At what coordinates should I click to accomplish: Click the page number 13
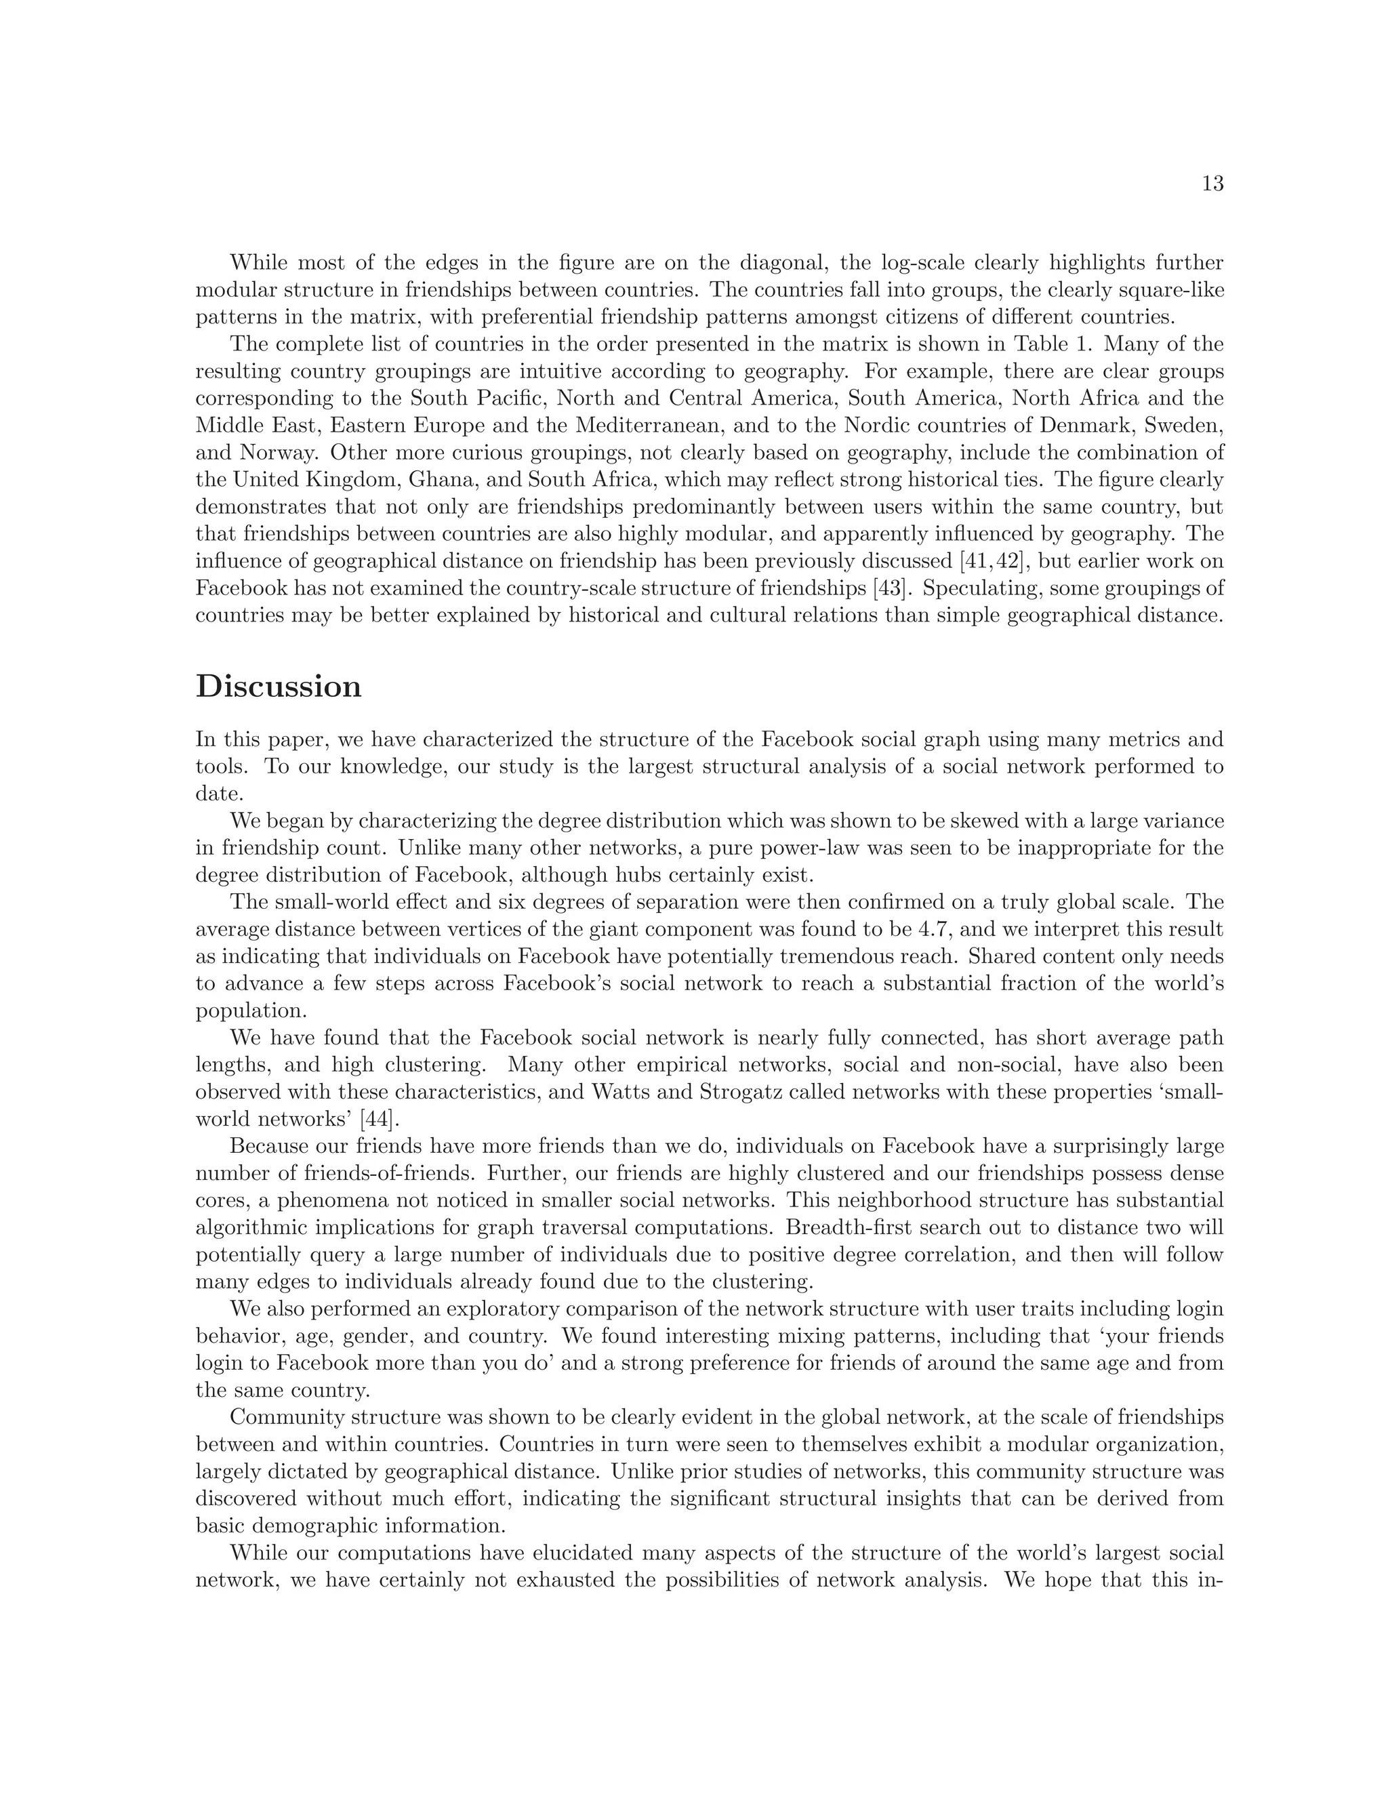pyautogui.click(x=1212, y=184)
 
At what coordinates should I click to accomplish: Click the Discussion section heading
pyautogui.click(x=279, y=687)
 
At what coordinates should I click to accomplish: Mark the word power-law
pyautogui.click(x=725, y=848)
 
